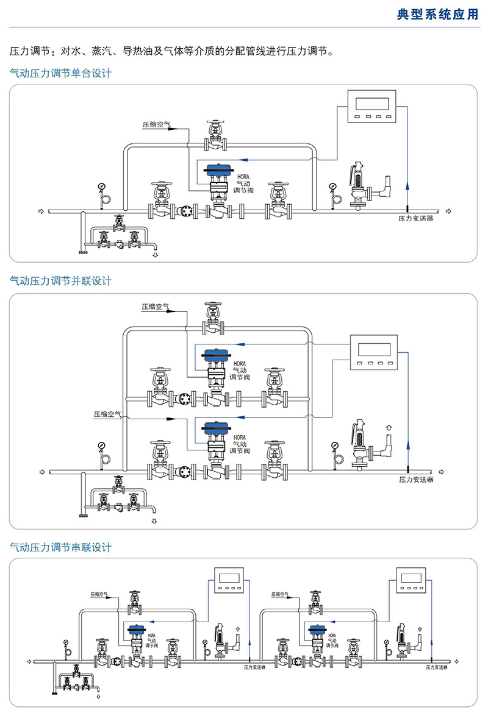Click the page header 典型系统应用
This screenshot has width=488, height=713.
tap(438, 15)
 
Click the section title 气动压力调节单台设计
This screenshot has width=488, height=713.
tap(61, 73)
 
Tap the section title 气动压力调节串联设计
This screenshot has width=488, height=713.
tap(61, 547)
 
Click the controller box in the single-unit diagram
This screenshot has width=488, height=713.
tap(370, 107)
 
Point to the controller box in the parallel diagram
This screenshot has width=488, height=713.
tap(374, 353)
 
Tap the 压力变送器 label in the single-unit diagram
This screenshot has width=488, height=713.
tap(416, 218)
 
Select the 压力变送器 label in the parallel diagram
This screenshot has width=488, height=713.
tap(416, 480)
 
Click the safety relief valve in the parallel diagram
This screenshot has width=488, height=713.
tap(360, 446)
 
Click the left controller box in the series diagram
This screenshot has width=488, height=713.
tap(229, 581)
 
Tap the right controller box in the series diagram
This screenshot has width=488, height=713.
tap(413, 581)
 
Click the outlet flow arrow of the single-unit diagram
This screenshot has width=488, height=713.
tap(450, 211)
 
